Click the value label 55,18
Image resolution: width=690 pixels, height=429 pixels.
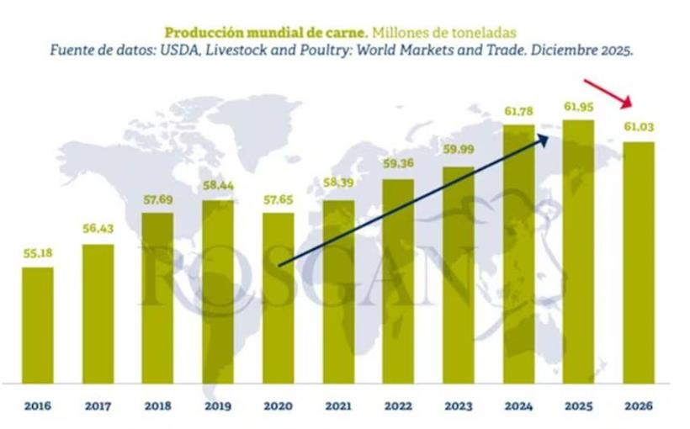[x=37, y=253]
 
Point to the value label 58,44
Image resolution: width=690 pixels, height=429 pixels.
[x=218, y=186]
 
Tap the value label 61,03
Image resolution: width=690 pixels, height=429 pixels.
[x=639, y=127]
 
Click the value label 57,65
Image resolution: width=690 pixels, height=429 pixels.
[x=279, y=199]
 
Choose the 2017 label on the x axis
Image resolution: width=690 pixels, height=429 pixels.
[x=98, y=405]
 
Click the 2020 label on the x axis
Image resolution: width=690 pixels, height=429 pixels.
[x=279, y=405]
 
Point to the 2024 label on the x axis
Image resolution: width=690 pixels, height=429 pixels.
[x=519, y=405]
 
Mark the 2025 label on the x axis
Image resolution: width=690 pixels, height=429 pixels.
[x=579, y=405]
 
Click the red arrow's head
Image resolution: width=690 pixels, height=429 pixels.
[x=630, y=106]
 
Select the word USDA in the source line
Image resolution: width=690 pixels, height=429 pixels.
[x=207, y=51]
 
